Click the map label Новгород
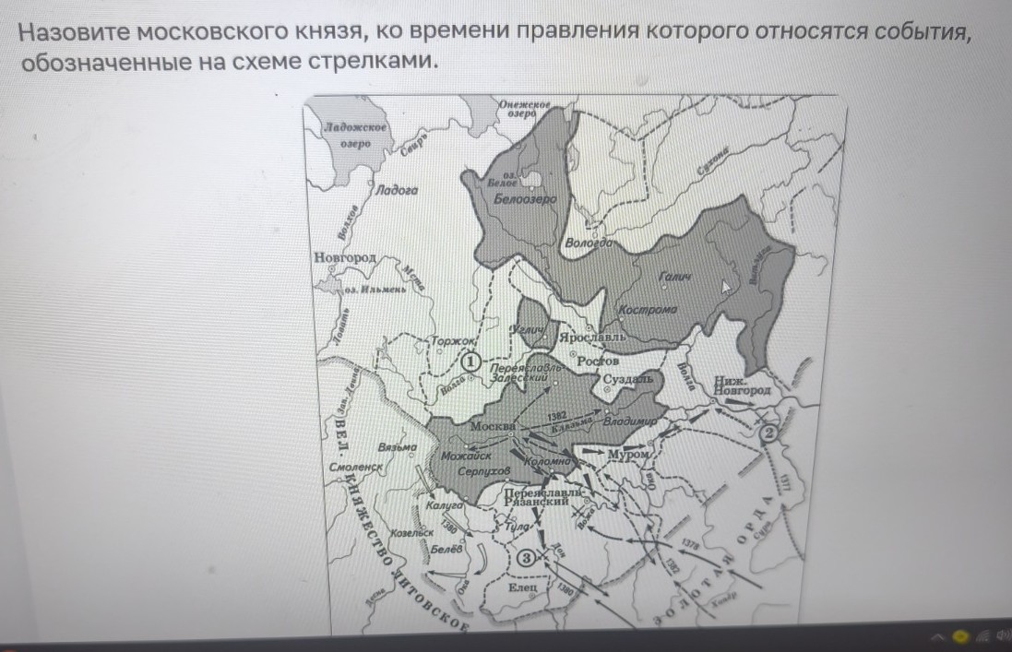coord(344,257)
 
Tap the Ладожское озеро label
coord(355,136)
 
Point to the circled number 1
coord(470,362)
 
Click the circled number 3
coord(526,557)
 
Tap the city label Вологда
coord(589,243)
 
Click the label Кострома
coord(648,310)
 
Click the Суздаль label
coord(628,379)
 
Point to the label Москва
coord(492,427)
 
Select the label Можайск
coord(466,456)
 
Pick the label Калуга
coord(444,506)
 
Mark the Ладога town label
coord(398,190)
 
